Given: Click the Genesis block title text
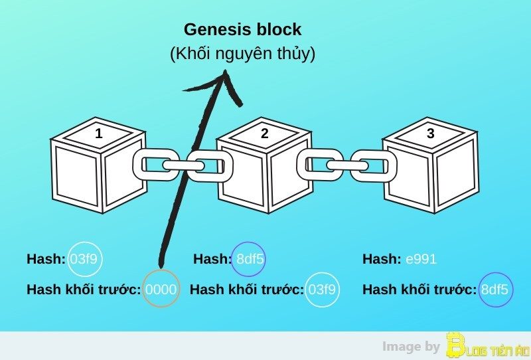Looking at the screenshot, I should point(242,29).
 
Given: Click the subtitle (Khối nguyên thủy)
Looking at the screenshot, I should point(242,54).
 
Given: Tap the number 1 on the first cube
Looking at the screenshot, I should point(99,134).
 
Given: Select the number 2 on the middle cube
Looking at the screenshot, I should point(265,134).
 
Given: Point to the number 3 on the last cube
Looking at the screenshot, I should point(431,134).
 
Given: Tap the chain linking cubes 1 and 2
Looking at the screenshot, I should point(182,164).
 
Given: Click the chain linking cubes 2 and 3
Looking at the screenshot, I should point(346,164).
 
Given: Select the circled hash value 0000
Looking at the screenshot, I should point(161,289).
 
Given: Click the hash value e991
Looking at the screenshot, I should point(421,259).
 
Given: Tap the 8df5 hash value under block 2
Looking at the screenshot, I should point(250,259).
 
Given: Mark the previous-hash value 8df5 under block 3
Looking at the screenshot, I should point(495,289).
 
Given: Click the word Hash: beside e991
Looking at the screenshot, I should point(381,259).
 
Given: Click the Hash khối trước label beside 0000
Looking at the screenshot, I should point(84,289).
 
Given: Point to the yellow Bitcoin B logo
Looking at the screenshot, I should point(456,345).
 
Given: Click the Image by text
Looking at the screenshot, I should point(411,346).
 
